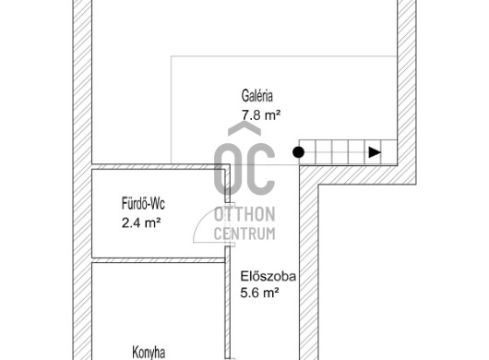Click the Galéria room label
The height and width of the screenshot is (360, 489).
pos(257,96)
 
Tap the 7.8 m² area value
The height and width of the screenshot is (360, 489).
pos(261,115)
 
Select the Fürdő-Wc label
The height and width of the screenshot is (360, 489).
pos(143,203)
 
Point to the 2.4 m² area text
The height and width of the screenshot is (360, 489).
pos(141,223)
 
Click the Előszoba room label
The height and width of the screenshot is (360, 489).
pos(268,276)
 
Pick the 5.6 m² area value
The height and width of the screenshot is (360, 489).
pos(259,293)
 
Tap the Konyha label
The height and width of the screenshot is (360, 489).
pos(149,353)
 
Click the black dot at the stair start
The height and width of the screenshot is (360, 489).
pos(298,152)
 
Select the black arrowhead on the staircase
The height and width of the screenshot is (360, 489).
pos(375,152)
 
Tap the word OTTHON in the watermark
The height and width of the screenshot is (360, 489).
pos(244,214)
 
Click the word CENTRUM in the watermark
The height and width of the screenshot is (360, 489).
pos(244,234)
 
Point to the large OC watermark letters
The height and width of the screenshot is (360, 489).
pos(244,169)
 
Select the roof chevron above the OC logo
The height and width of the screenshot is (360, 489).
pos(244,129)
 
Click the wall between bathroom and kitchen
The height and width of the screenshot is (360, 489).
pos(159,260)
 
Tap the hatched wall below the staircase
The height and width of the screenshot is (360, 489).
pos(357,174)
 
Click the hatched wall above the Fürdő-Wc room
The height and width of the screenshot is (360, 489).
pos(159,166)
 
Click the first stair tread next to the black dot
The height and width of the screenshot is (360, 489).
pos(307,152)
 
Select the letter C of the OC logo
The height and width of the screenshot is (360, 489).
pos(260,169)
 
